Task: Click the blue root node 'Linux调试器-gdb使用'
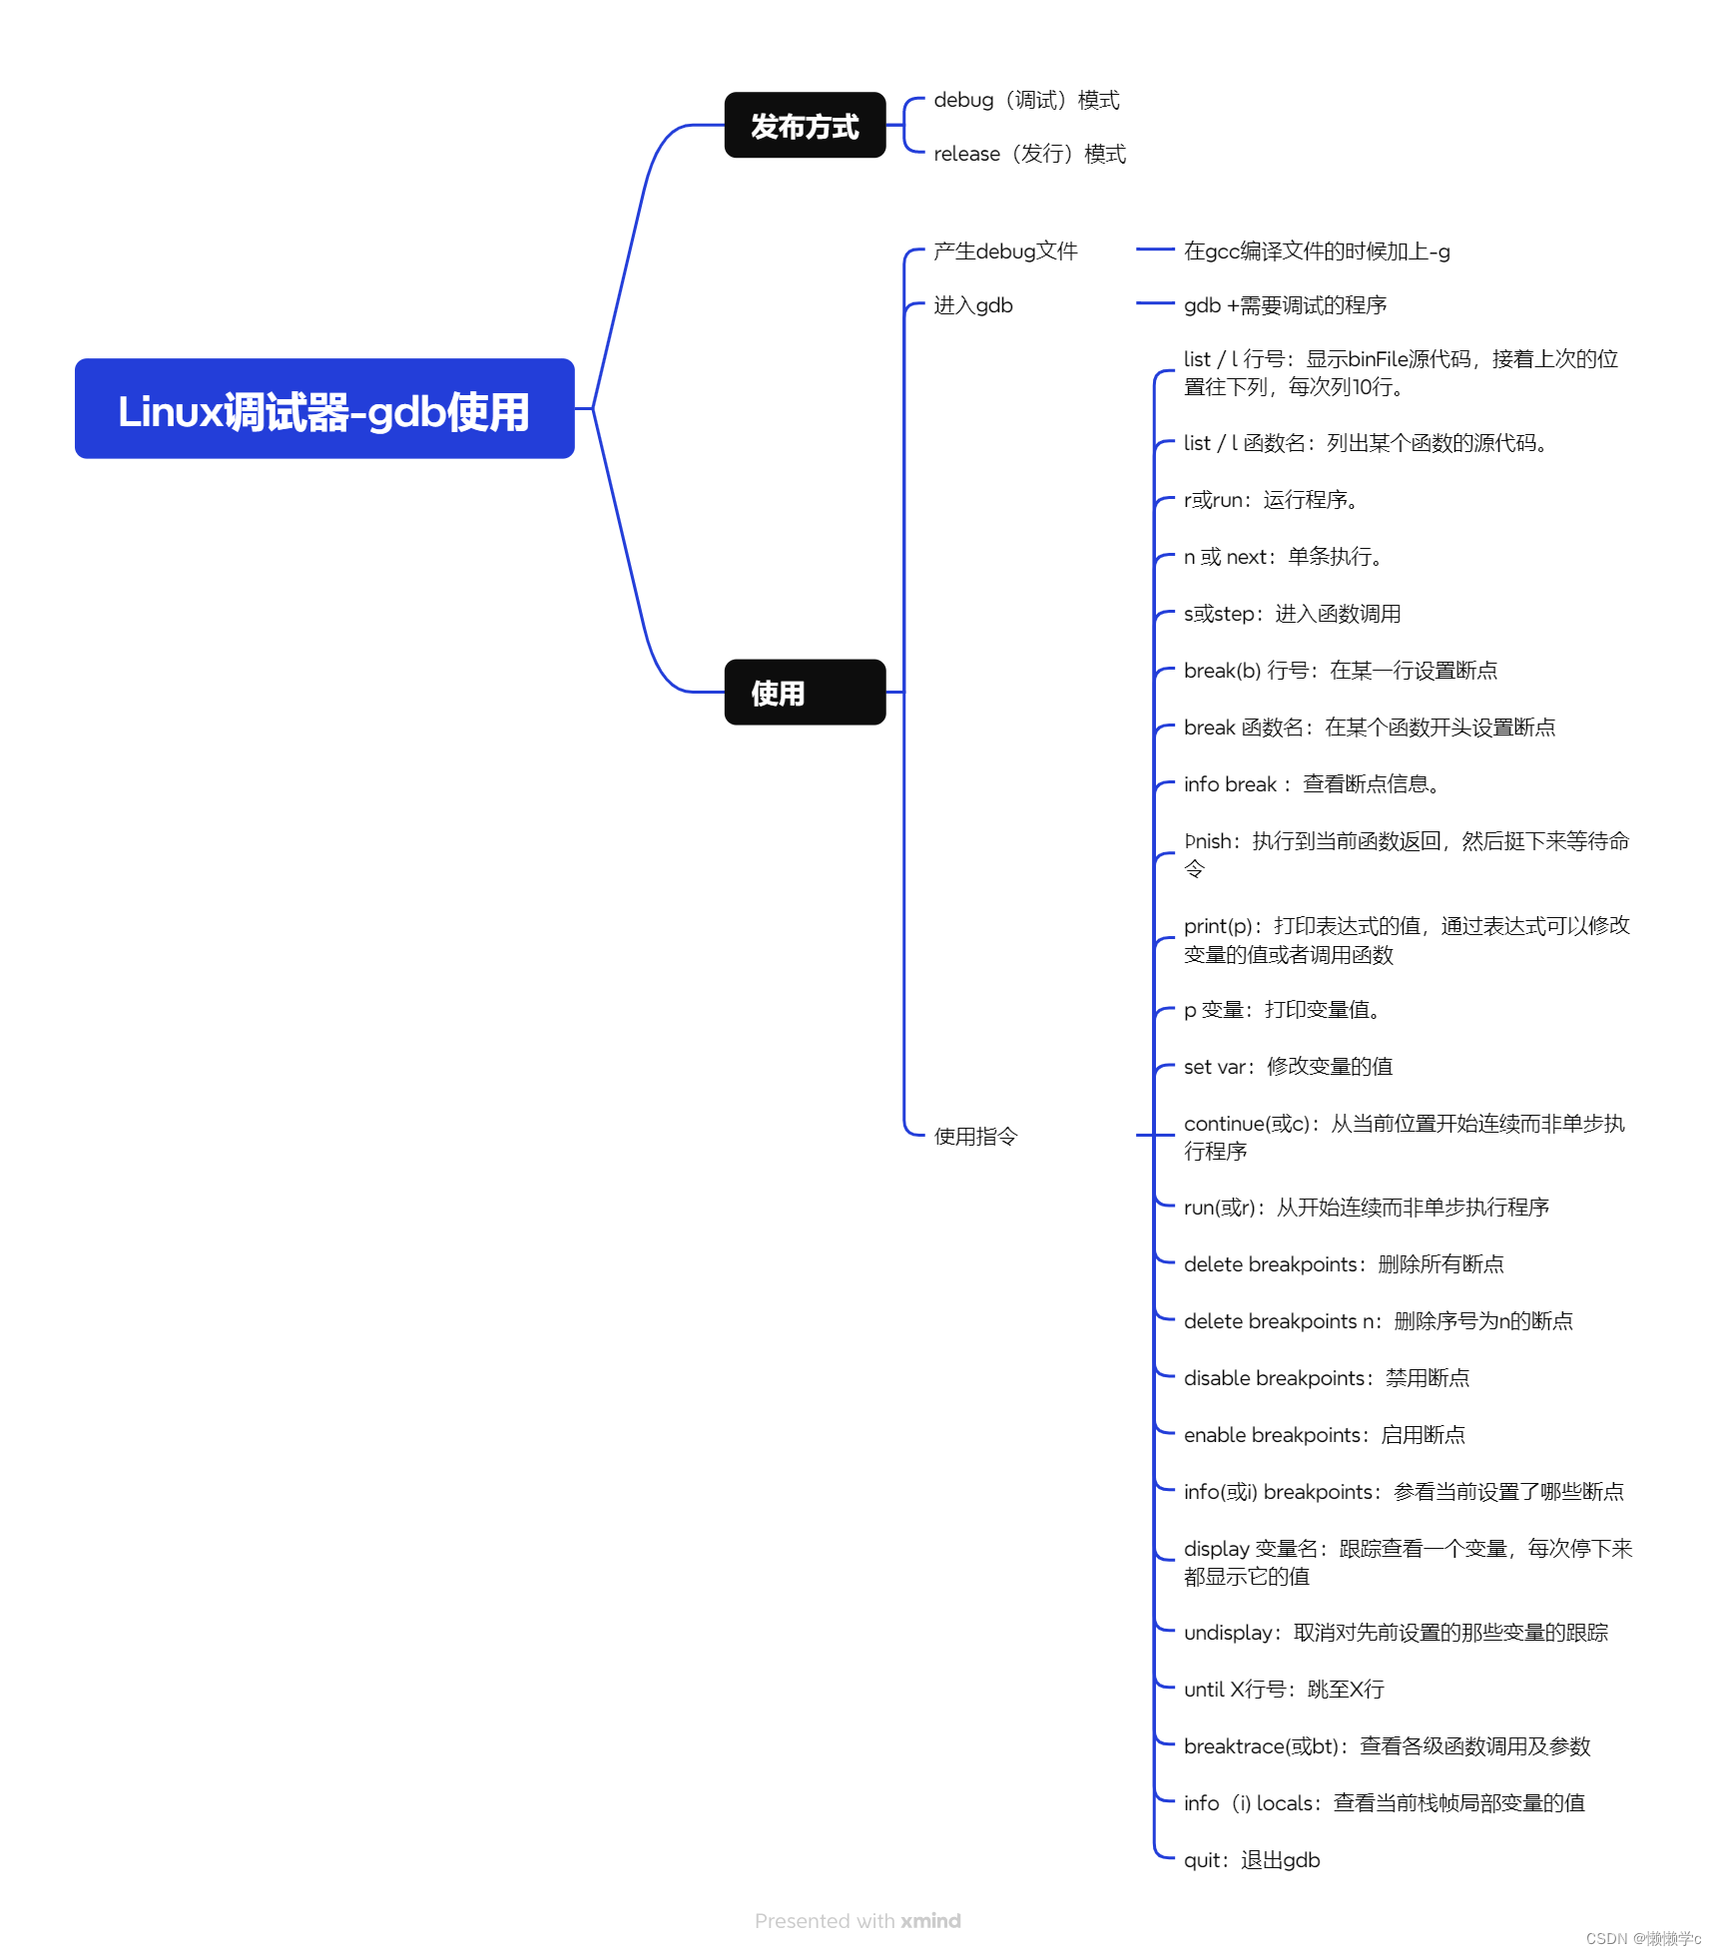coord(324,409)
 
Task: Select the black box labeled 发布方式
coord(805,126)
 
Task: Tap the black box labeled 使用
coord(805,693)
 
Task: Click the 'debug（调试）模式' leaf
coord(1026,101)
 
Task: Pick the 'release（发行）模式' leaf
coord(1029,155)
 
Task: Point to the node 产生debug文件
coord(1005,251)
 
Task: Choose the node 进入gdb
coord(973,305)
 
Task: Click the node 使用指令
coord(975,1137)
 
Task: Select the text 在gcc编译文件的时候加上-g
coord(1317,251)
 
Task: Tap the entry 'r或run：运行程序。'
coord(1270,500)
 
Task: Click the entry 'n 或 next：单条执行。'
coord(1283,557)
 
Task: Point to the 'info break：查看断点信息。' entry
coord(1311,784)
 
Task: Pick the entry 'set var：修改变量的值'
coord(1288,1067)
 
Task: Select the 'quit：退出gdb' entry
coord(1252,1860)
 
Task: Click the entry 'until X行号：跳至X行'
coord(1284,1690)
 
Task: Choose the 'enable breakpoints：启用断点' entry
coord(1324,1435)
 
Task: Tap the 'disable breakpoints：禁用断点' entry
coord(1326,1378)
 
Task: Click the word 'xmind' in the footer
coord(930,1921)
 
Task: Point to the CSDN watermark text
coord(1643,1938)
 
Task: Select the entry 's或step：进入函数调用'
coord(1292,614)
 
